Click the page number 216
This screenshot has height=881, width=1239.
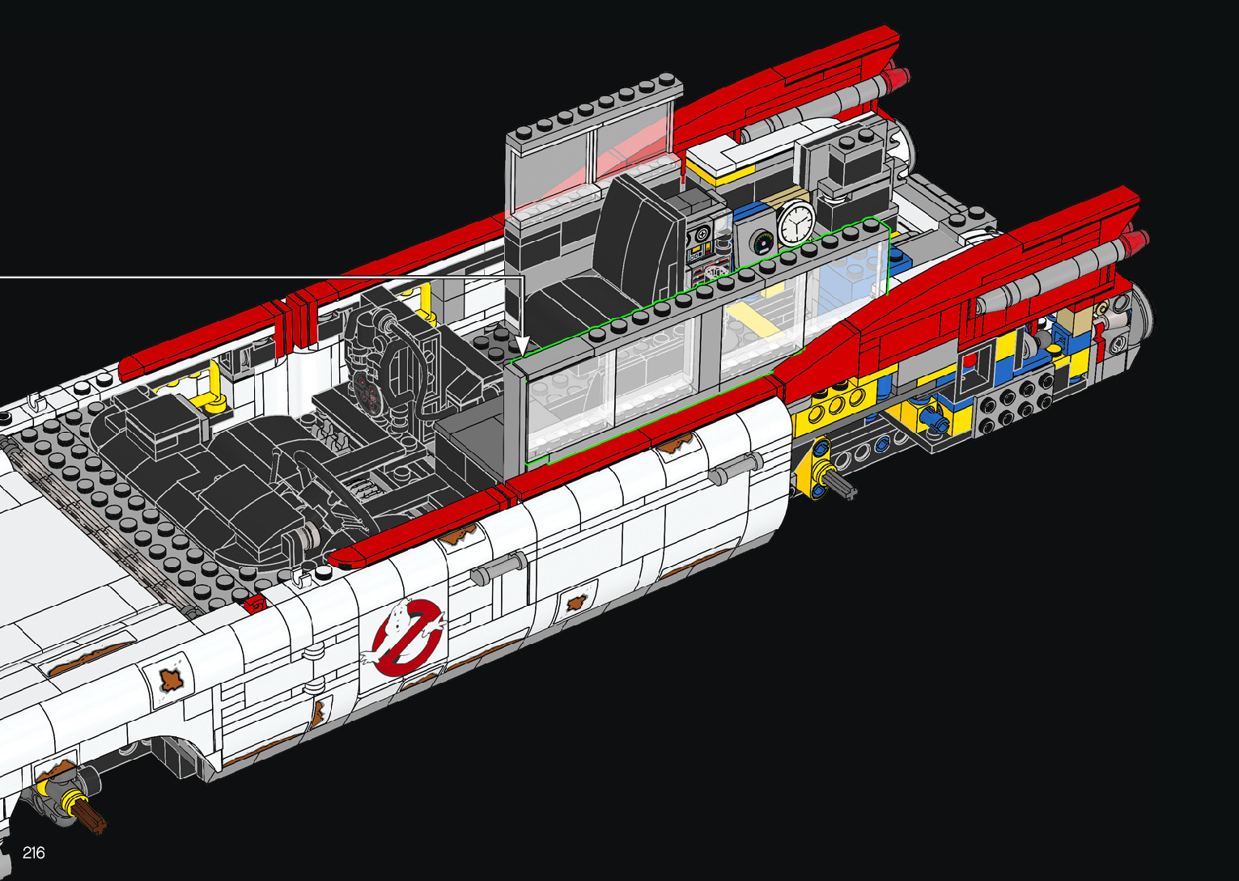point(34,852)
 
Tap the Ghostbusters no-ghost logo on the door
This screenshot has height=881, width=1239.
point(404,636)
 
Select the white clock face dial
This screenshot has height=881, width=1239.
point(796,222)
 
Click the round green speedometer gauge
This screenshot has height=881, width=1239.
point(763,243)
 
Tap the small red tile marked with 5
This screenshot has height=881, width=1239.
point(257,604)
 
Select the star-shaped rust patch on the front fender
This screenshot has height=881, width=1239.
point(171,680)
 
